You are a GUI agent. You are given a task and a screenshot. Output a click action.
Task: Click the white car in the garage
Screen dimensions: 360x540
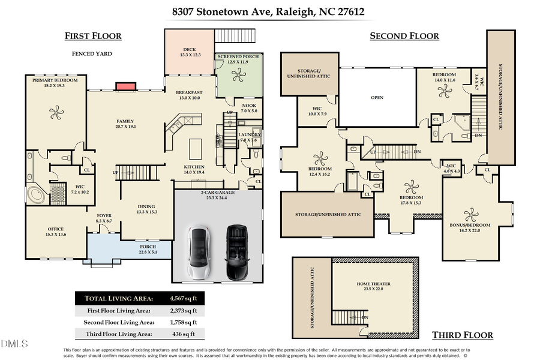(199, 251)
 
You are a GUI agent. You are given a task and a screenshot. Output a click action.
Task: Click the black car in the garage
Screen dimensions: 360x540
(238, 251)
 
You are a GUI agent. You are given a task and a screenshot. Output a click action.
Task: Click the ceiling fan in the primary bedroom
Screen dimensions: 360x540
(56, 112)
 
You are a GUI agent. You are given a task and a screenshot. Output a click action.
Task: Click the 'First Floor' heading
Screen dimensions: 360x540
(93, 36)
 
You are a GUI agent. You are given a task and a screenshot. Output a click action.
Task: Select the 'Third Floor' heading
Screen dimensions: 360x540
(463, 335)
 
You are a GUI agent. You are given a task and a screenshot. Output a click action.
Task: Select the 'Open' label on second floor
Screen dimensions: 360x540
(377, 97)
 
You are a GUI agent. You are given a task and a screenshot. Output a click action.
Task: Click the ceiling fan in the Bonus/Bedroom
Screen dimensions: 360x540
(470, 214)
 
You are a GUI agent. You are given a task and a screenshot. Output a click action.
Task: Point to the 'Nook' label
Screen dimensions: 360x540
(249, 107)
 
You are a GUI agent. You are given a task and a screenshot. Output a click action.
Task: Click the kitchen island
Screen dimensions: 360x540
(195, 148)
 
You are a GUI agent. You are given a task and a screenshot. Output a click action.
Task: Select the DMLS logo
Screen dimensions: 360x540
(14, 344)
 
